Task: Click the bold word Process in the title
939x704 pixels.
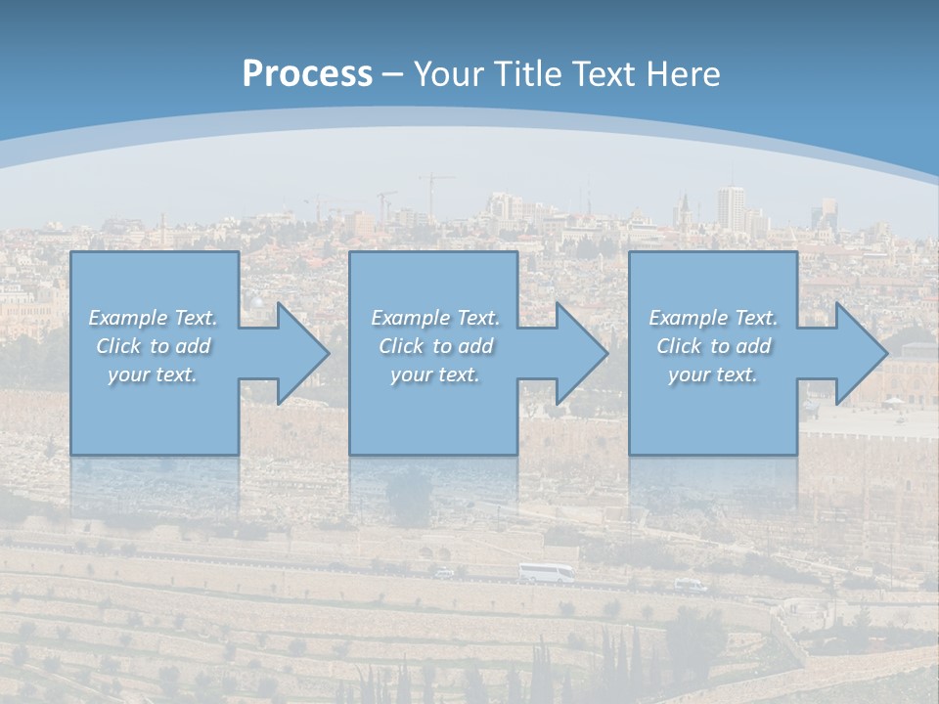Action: (x=307, y=73)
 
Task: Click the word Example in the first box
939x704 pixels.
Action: (x=127, y=318)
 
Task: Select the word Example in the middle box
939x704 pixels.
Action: (x=410, y=318)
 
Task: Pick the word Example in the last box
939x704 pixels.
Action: (x=688, y=318)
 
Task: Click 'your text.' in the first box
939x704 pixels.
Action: (x=153, y=374)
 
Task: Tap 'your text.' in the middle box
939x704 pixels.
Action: (x=434, y=374)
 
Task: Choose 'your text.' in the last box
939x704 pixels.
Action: (x=713, y=374)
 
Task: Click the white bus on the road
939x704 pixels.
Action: (x=546, y=574)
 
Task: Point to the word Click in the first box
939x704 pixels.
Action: (x=117, y=346)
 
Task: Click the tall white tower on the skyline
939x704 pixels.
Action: (x=730, y=207)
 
